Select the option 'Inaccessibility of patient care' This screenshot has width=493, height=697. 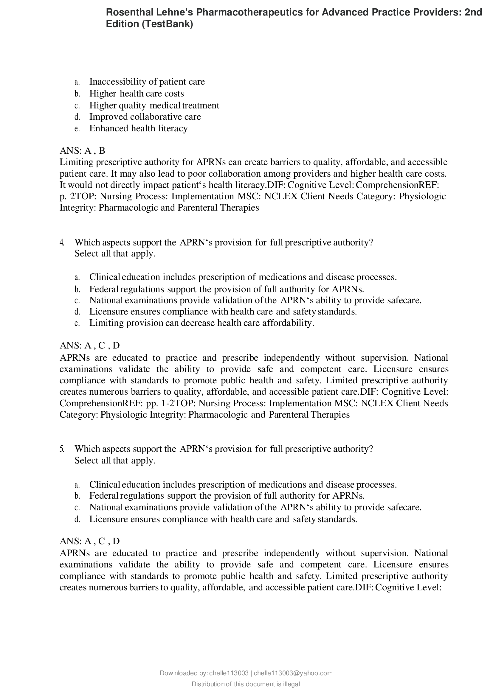(147, 82)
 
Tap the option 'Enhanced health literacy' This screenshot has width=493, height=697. (138, 128)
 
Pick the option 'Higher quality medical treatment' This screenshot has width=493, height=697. (154, 105)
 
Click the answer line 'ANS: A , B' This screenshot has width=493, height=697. (82, 151)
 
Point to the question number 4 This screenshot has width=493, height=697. (62, 242)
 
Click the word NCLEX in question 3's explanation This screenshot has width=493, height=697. (281, 196)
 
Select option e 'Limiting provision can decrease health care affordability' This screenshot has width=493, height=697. (201, 323)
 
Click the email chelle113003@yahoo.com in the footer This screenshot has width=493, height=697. (293, 673)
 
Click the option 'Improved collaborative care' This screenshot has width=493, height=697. (145, 117)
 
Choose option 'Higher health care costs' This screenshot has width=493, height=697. (137, 94)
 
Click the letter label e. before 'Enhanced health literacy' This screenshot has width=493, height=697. (77, 129)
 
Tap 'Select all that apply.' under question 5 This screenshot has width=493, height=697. (115, 460)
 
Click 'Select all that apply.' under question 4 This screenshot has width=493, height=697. (115, 253)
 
